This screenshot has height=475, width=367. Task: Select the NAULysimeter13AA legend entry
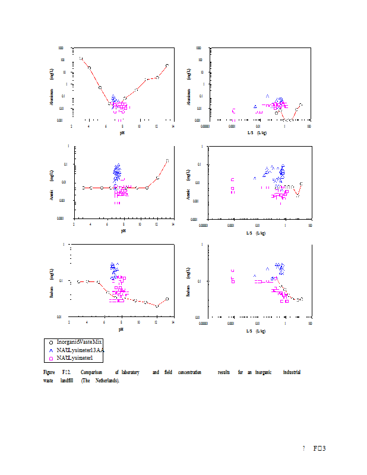pos(80,350)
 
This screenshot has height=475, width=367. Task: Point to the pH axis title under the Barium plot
pos(121,328)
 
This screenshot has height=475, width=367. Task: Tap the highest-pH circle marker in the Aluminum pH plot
pos(167,65)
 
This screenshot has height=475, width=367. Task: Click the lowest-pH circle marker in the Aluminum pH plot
pos(81,58)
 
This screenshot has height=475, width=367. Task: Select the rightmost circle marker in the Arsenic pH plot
pos(167,160)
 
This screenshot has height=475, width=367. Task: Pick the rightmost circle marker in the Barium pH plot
pos(167,299)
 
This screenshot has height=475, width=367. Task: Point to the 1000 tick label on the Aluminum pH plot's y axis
pos(62,47)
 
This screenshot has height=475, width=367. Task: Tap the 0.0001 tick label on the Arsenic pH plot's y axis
pos(61,219)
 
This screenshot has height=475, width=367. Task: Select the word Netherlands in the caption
pos(104,381)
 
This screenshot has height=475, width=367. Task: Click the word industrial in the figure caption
pos(291,372)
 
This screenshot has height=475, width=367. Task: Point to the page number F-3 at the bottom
pos(320,448)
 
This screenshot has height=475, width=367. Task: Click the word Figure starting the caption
pos(49,372)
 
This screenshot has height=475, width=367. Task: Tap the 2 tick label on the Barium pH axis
pos(69,323)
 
